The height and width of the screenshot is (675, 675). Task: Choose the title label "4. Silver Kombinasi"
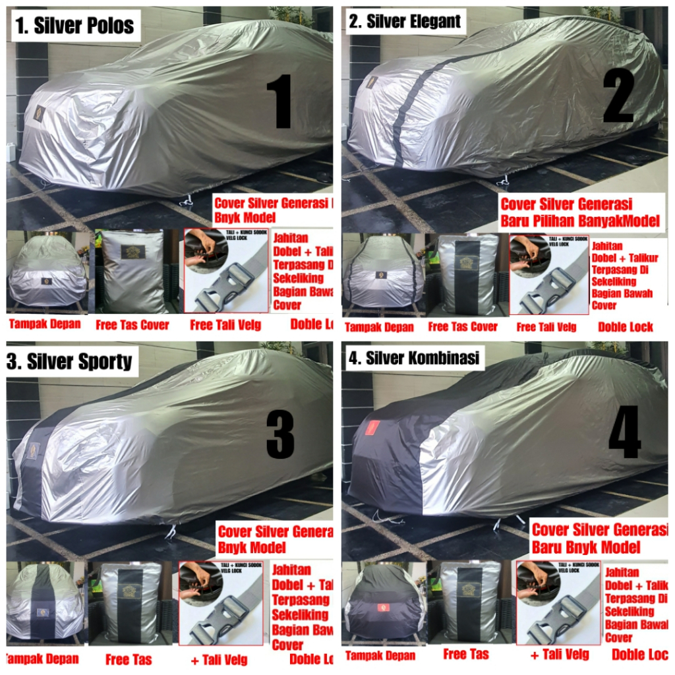coord(416,359)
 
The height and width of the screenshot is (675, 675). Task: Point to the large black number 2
coord(618,96)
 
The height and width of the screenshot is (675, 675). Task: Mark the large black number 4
coord(624,432)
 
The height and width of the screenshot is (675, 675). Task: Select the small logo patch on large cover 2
coord(372,82)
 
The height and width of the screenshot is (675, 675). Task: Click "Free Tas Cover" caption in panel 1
coord(132,324)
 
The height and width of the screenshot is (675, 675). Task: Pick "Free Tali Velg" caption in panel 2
coord(546,326)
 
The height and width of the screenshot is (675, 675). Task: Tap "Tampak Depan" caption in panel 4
coord(380,655)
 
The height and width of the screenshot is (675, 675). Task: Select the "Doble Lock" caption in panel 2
coord(625,326)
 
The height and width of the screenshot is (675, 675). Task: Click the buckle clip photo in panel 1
coord(225,270)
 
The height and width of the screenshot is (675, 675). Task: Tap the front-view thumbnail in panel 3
coord(44,601)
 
